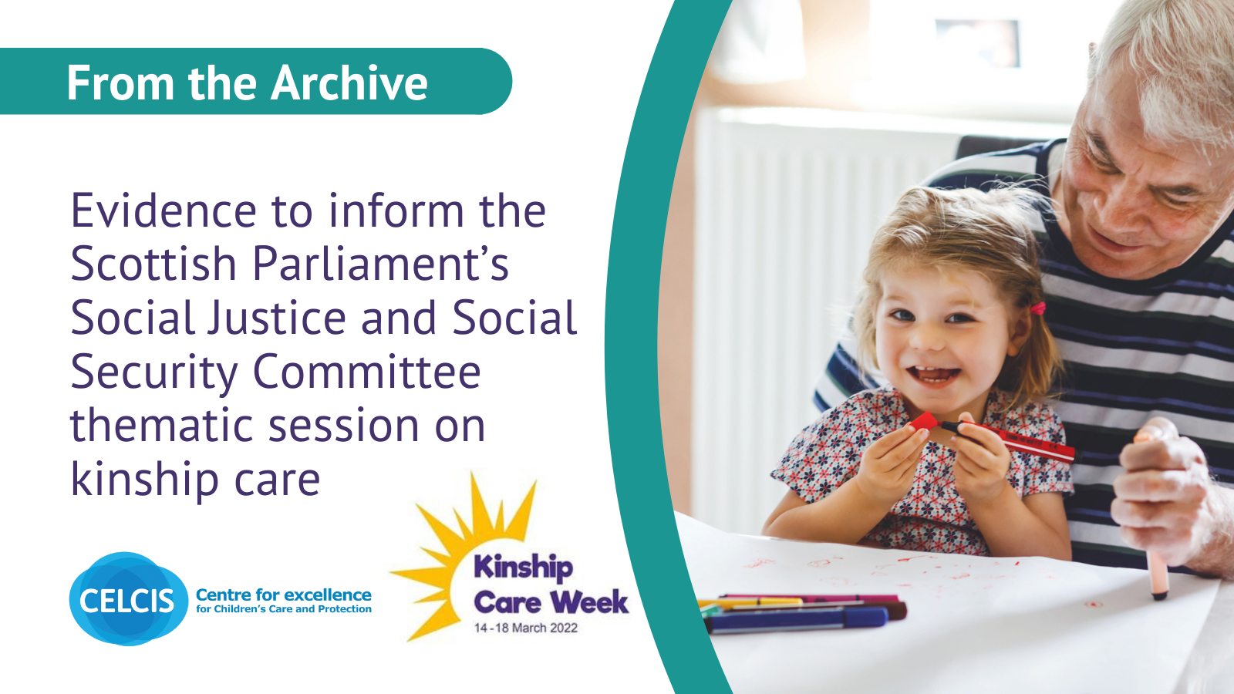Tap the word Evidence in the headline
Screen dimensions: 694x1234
[x=164, y=211]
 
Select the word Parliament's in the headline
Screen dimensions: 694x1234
[x=380, y=264]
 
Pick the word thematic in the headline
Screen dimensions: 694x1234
[x=162, y=426]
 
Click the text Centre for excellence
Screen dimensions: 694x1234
[x=283, y=595]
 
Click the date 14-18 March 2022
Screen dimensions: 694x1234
[x=525, y=628]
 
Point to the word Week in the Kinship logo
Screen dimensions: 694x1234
[x=589, y=601]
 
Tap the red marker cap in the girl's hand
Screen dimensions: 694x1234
[x=922, y=422]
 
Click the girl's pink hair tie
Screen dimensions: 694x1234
[x=1038, y=309]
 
